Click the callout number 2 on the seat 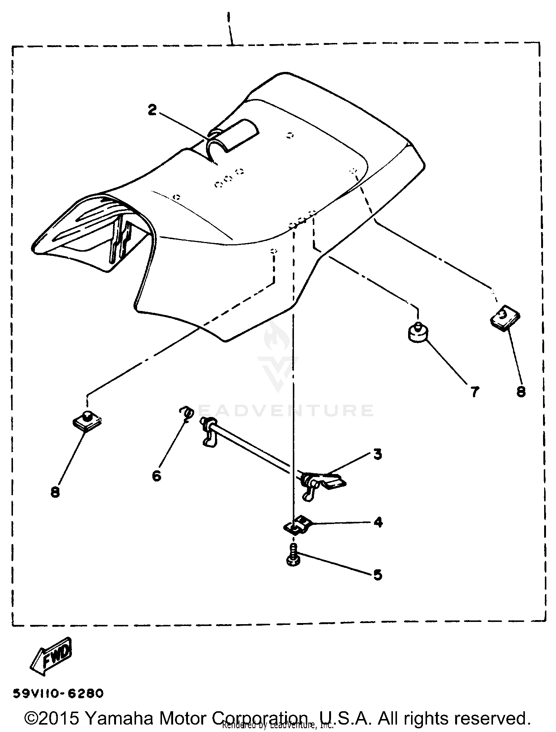pyautogui.click(x=152, y=110)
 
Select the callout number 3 pyautogui.click(x=377, y=454)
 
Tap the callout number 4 pyautogui.click(x=378, y=522)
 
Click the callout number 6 pyautogui.click(x=156, y=476)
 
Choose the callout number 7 pyautogui.click(x=474, y=392)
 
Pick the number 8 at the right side pyautogui.click(x=521, y=392)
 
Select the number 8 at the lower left pyautogui.click(x=55, y=493)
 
